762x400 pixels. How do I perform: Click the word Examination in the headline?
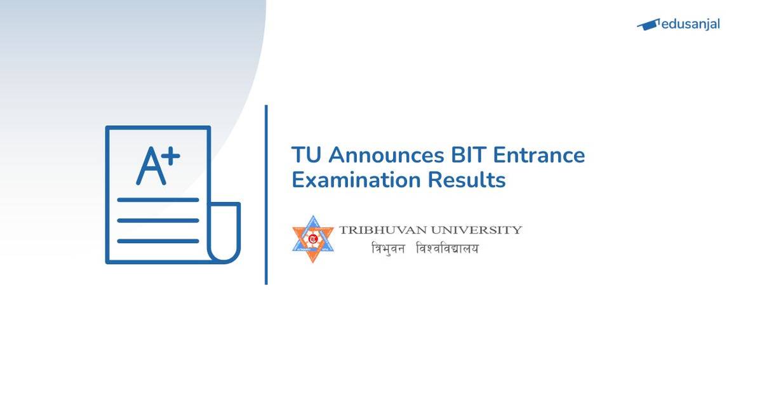(356, 180)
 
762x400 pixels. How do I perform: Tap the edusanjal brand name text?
(690, 25)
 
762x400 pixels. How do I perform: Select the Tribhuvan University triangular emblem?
(312, 239)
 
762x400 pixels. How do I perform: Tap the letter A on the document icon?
(150, 166)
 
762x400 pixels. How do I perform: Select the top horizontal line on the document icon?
(158, 199)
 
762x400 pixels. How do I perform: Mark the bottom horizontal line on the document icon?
(158, 241)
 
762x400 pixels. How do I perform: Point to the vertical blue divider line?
(266, 194)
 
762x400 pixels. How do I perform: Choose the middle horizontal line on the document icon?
(158, 220)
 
